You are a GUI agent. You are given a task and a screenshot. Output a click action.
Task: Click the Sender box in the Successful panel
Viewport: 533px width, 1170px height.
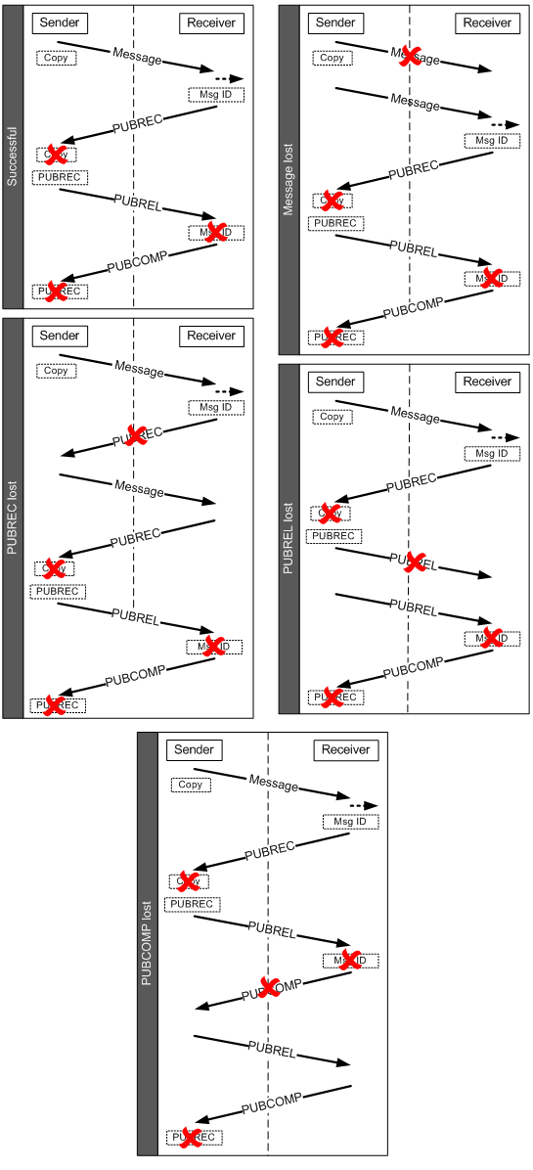60,22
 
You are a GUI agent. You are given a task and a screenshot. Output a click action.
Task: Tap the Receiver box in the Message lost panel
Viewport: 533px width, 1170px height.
487,22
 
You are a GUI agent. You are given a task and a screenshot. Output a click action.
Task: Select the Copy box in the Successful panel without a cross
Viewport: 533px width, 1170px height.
56,58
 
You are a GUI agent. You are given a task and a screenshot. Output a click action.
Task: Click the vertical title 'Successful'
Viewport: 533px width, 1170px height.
13,156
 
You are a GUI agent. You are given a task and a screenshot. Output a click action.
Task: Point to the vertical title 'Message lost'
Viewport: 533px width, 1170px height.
289,179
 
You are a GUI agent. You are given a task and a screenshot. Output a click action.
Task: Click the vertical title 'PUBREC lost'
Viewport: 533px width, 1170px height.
13,517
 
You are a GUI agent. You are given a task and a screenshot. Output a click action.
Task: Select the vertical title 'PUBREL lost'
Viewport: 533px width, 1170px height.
289,538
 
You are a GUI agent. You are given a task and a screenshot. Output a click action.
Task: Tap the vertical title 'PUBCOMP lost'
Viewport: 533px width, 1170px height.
147,944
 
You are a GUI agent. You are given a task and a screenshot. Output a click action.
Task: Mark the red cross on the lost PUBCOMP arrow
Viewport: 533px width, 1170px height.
266,987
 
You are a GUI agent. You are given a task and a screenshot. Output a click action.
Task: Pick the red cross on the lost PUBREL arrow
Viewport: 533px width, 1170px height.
414,562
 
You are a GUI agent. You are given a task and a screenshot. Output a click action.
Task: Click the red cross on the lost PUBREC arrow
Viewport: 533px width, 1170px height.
136,436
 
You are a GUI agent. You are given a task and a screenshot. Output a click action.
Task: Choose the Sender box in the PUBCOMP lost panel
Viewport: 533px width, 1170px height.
195,749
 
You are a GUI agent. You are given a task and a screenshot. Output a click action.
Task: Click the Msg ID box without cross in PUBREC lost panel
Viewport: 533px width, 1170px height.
216,407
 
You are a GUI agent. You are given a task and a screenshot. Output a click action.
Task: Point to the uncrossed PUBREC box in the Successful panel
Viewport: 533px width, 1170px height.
60,177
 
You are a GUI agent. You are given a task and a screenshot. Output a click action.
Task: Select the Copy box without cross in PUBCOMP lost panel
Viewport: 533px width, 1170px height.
191,785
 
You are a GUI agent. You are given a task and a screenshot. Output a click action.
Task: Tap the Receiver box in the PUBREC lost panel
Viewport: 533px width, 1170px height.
211,336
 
